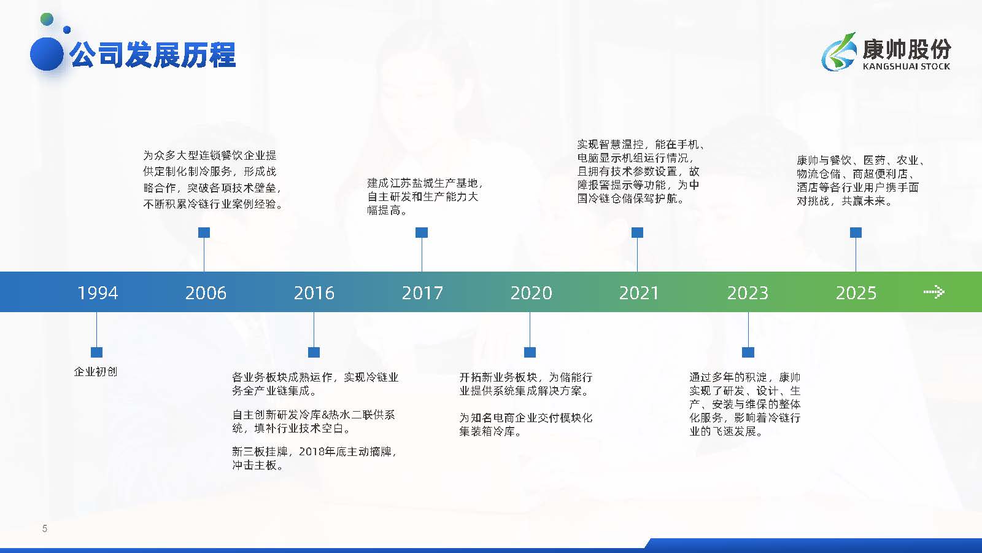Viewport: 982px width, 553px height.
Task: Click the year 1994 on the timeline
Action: pyautogui.click(x=98, y=292)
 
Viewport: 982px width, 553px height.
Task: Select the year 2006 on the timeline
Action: pyautogui.click(x=206, y=292)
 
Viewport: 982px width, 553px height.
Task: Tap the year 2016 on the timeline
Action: pyautogui.click(x=314, y=292)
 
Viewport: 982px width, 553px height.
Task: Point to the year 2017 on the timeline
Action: pyautogui.click(x=422, y=292)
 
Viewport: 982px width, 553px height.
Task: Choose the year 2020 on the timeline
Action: pyautogui.click(x=531, y=292)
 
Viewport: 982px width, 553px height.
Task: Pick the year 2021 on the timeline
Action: pyautogui.click(x=639, y=292)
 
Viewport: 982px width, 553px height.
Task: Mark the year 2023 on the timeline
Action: pyautogui.click(x=748, y=292)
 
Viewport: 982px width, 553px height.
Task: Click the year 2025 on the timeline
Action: pyautogui.click(x=856, y=292)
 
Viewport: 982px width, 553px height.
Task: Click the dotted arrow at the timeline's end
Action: pyautogui.click(x=934, y=292)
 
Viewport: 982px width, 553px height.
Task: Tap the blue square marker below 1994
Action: pyautogui.click(x=96, y=352)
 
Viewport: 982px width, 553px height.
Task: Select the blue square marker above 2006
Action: pyautogui.click(x=204, y=232)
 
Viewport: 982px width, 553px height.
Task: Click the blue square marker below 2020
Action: pyautogui.click(x=530, y=352)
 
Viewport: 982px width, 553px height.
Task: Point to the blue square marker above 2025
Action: pyautogui.click(x=856, y=232)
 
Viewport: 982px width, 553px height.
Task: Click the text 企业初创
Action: pyautogui.click(x=96, y=372)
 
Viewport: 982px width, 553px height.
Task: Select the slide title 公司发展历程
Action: pyautogui.click(x=153, y=55)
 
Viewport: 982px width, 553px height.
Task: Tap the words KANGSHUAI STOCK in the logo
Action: pyautogui.click(x=906, y=66)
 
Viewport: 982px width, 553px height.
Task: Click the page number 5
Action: pyautogui.click(x=44, y=528)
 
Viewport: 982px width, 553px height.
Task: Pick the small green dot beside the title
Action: pyautogui.click(x=47, y=19)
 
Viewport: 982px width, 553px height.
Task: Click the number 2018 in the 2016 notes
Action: pyautogui.click(x=312, y=451)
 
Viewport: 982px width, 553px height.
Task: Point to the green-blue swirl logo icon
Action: pyautogui.click(x=839, y=52)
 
